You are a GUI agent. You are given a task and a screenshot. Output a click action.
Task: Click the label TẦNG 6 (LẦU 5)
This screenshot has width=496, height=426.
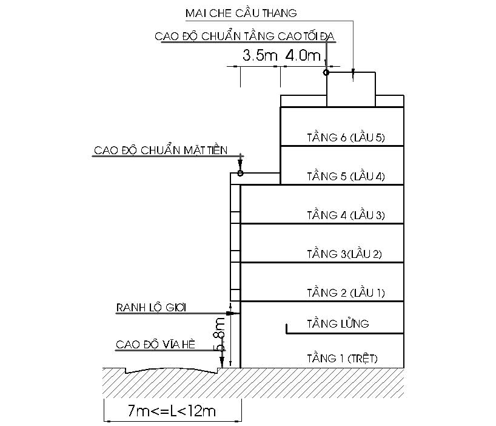[x=346, y=138]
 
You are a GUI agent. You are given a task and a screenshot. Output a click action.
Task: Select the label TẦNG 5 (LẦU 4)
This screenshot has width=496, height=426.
[x=346, y=177]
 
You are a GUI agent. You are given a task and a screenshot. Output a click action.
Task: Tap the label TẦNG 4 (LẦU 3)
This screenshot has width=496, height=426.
[x=346, y=215]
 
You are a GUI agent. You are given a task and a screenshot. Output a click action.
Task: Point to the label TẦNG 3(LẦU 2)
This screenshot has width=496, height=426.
[x=344, y=254]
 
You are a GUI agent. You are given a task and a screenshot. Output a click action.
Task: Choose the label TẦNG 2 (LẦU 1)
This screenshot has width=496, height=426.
[x=346, y=293]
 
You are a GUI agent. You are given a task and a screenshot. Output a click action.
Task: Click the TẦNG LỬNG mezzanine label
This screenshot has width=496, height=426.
[x=338, y=323]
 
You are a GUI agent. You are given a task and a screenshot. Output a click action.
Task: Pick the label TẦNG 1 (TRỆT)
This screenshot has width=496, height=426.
[x=342, y=358]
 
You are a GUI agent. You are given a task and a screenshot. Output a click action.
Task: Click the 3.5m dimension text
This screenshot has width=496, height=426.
[x=260, y=55]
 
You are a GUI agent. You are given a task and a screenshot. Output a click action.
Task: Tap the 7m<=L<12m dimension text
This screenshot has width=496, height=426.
[x=172, y=411]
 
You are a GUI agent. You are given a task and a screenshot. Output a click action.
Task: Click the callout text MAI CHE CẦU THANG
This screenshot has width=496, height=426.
[x=241, y=13]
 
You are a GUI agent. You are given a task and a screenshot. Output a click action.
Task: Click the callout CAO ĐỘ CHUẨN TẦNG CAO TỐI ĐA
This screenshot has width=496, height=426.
[x=245, y=36]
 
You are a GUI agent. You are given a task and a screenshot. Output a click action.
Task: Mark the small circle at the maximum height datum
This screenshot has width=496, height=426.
[x=326, y=73]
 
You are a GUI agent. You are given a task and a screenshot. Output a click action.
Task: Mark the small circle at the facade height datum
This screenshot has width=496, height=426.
[x=240, y=174]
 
